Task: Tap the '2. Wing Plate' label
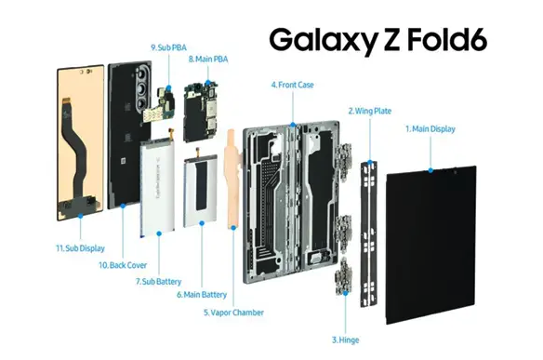click(369, 111)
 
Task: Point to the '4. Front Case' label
click(292, 85)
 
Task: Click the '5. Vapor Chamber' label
click(232, 312)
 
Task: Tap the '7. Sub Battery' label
click(157, 280)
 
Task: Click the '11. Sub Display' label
click(80, 247)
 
